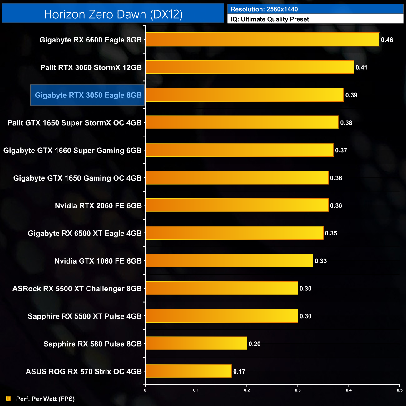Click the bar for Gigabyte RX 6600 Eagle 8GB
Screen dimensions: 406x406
[x=262, y=40]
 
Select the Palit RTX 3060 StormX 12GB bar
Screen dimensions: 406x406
[x=250, y=67]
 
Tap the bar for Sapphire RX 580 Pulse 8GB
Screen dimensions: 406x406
[x=196, y=344]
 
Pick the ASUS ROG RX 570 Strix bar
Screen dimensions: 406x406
[x=188, y=371]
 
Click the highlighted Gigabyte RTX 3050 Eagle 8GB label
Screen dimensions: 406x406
[x=88, y=95]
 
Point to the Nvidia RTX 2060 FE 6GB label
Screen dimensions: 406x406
[x=98, y=205]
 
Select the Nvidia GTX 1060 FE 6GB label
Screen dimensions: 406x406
[x=98, y=261]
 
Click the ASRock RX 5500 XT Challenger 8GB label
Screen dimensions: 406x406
[x=77, y=289]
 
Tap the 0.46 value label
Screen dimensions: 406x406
[x=387, y=40]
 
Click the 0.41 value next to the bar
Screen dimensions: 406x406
[x=361, y=67]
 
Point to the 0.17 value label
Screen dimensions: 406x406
[x=239, y=371]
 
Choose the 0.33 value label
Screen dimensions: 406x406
[x=321, y=261]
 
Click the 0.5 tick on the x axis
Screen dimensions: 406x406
[x=399, y=390]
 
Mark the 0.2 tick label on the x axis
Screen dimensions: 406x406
[x=247, y=390]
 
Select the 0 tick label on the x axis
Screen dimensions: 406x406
[x=145, y=390]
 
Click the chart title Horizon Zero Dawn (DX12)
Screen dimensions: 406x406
[x=113, y=14]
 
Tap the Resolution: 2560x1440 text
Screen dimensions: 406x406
[x=264, y=9]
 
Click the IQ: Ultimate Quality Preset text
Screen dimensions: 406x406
[x=270, y=19]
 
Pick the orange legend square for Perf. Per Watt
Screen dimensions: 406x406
[x=8, y=399]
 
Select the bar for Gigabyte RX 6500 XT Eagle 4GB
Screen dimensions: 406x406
[x=234, y=233]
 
